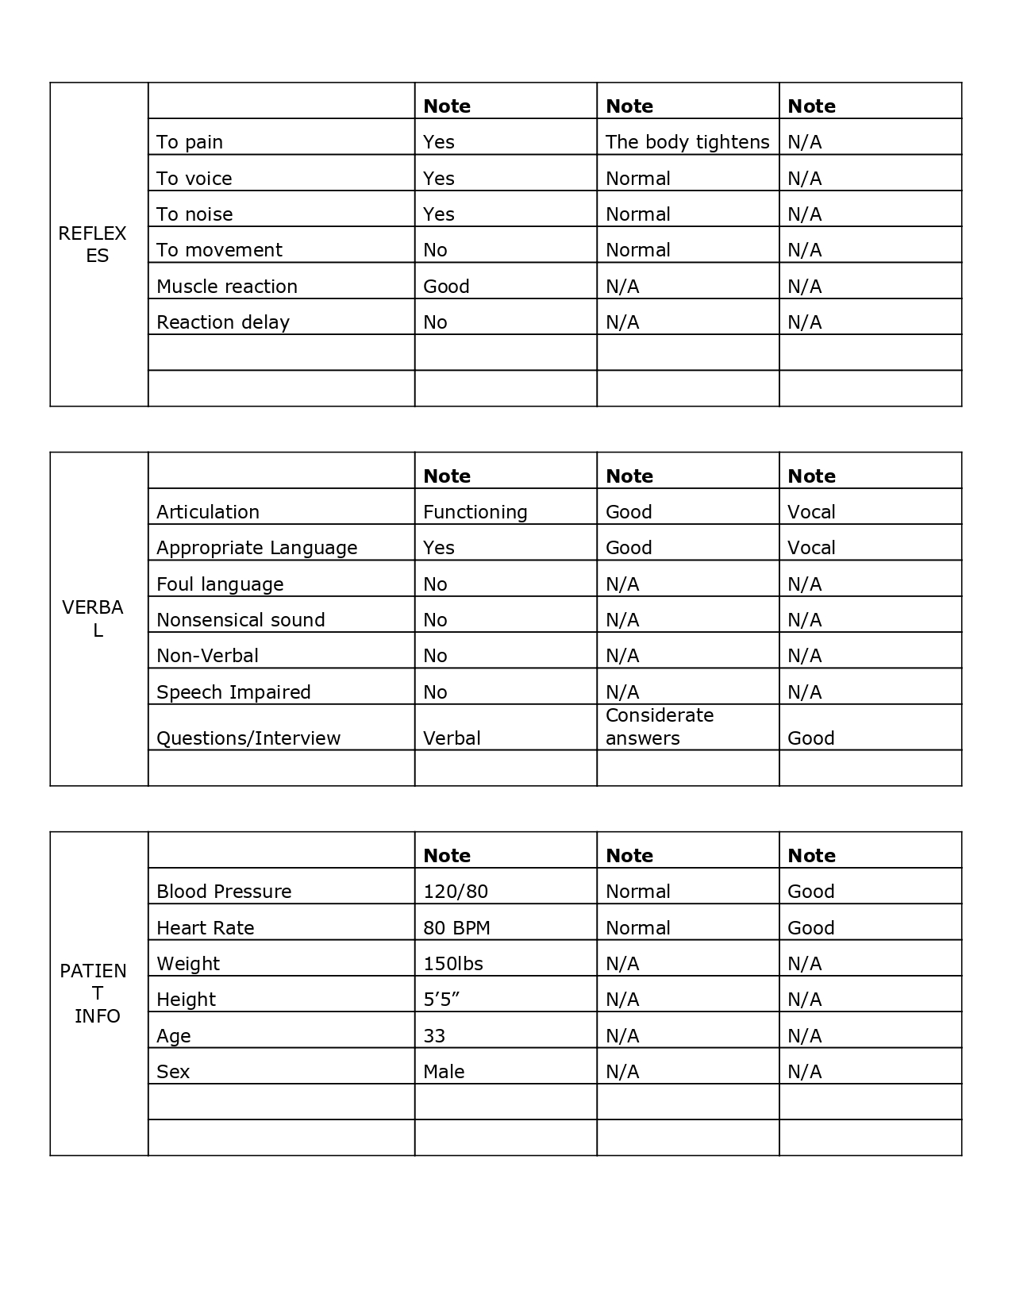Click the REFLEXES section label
point(93,245)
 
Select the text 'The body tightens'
point(687,142)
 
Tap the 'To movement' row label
point(219,250)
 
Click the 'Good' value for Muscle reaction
point(446,286)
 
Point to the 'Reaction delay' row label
point(223,322)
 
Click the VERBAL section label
point(93,618)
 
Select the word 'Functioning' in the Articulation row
point(475,512)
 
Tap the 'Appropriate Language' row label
point(256,548)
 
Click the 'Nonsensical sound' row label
point(240,620)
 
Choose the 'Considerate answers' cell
point(659,726)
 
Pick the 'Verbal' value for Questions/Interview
point(452,738)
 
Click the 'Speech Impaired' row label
point(233,692)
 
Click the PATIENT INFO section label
point(94,993)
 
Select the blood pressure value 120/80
point(456,892)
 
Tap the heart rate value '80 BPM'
point(456,928)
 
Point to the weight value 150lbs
point(453,964)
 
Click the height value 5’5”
point(441,1000)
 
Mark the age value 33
point(434,1036)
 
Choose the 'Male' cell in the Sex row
point(444,1072)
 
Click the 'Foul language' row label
point(220,584)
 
